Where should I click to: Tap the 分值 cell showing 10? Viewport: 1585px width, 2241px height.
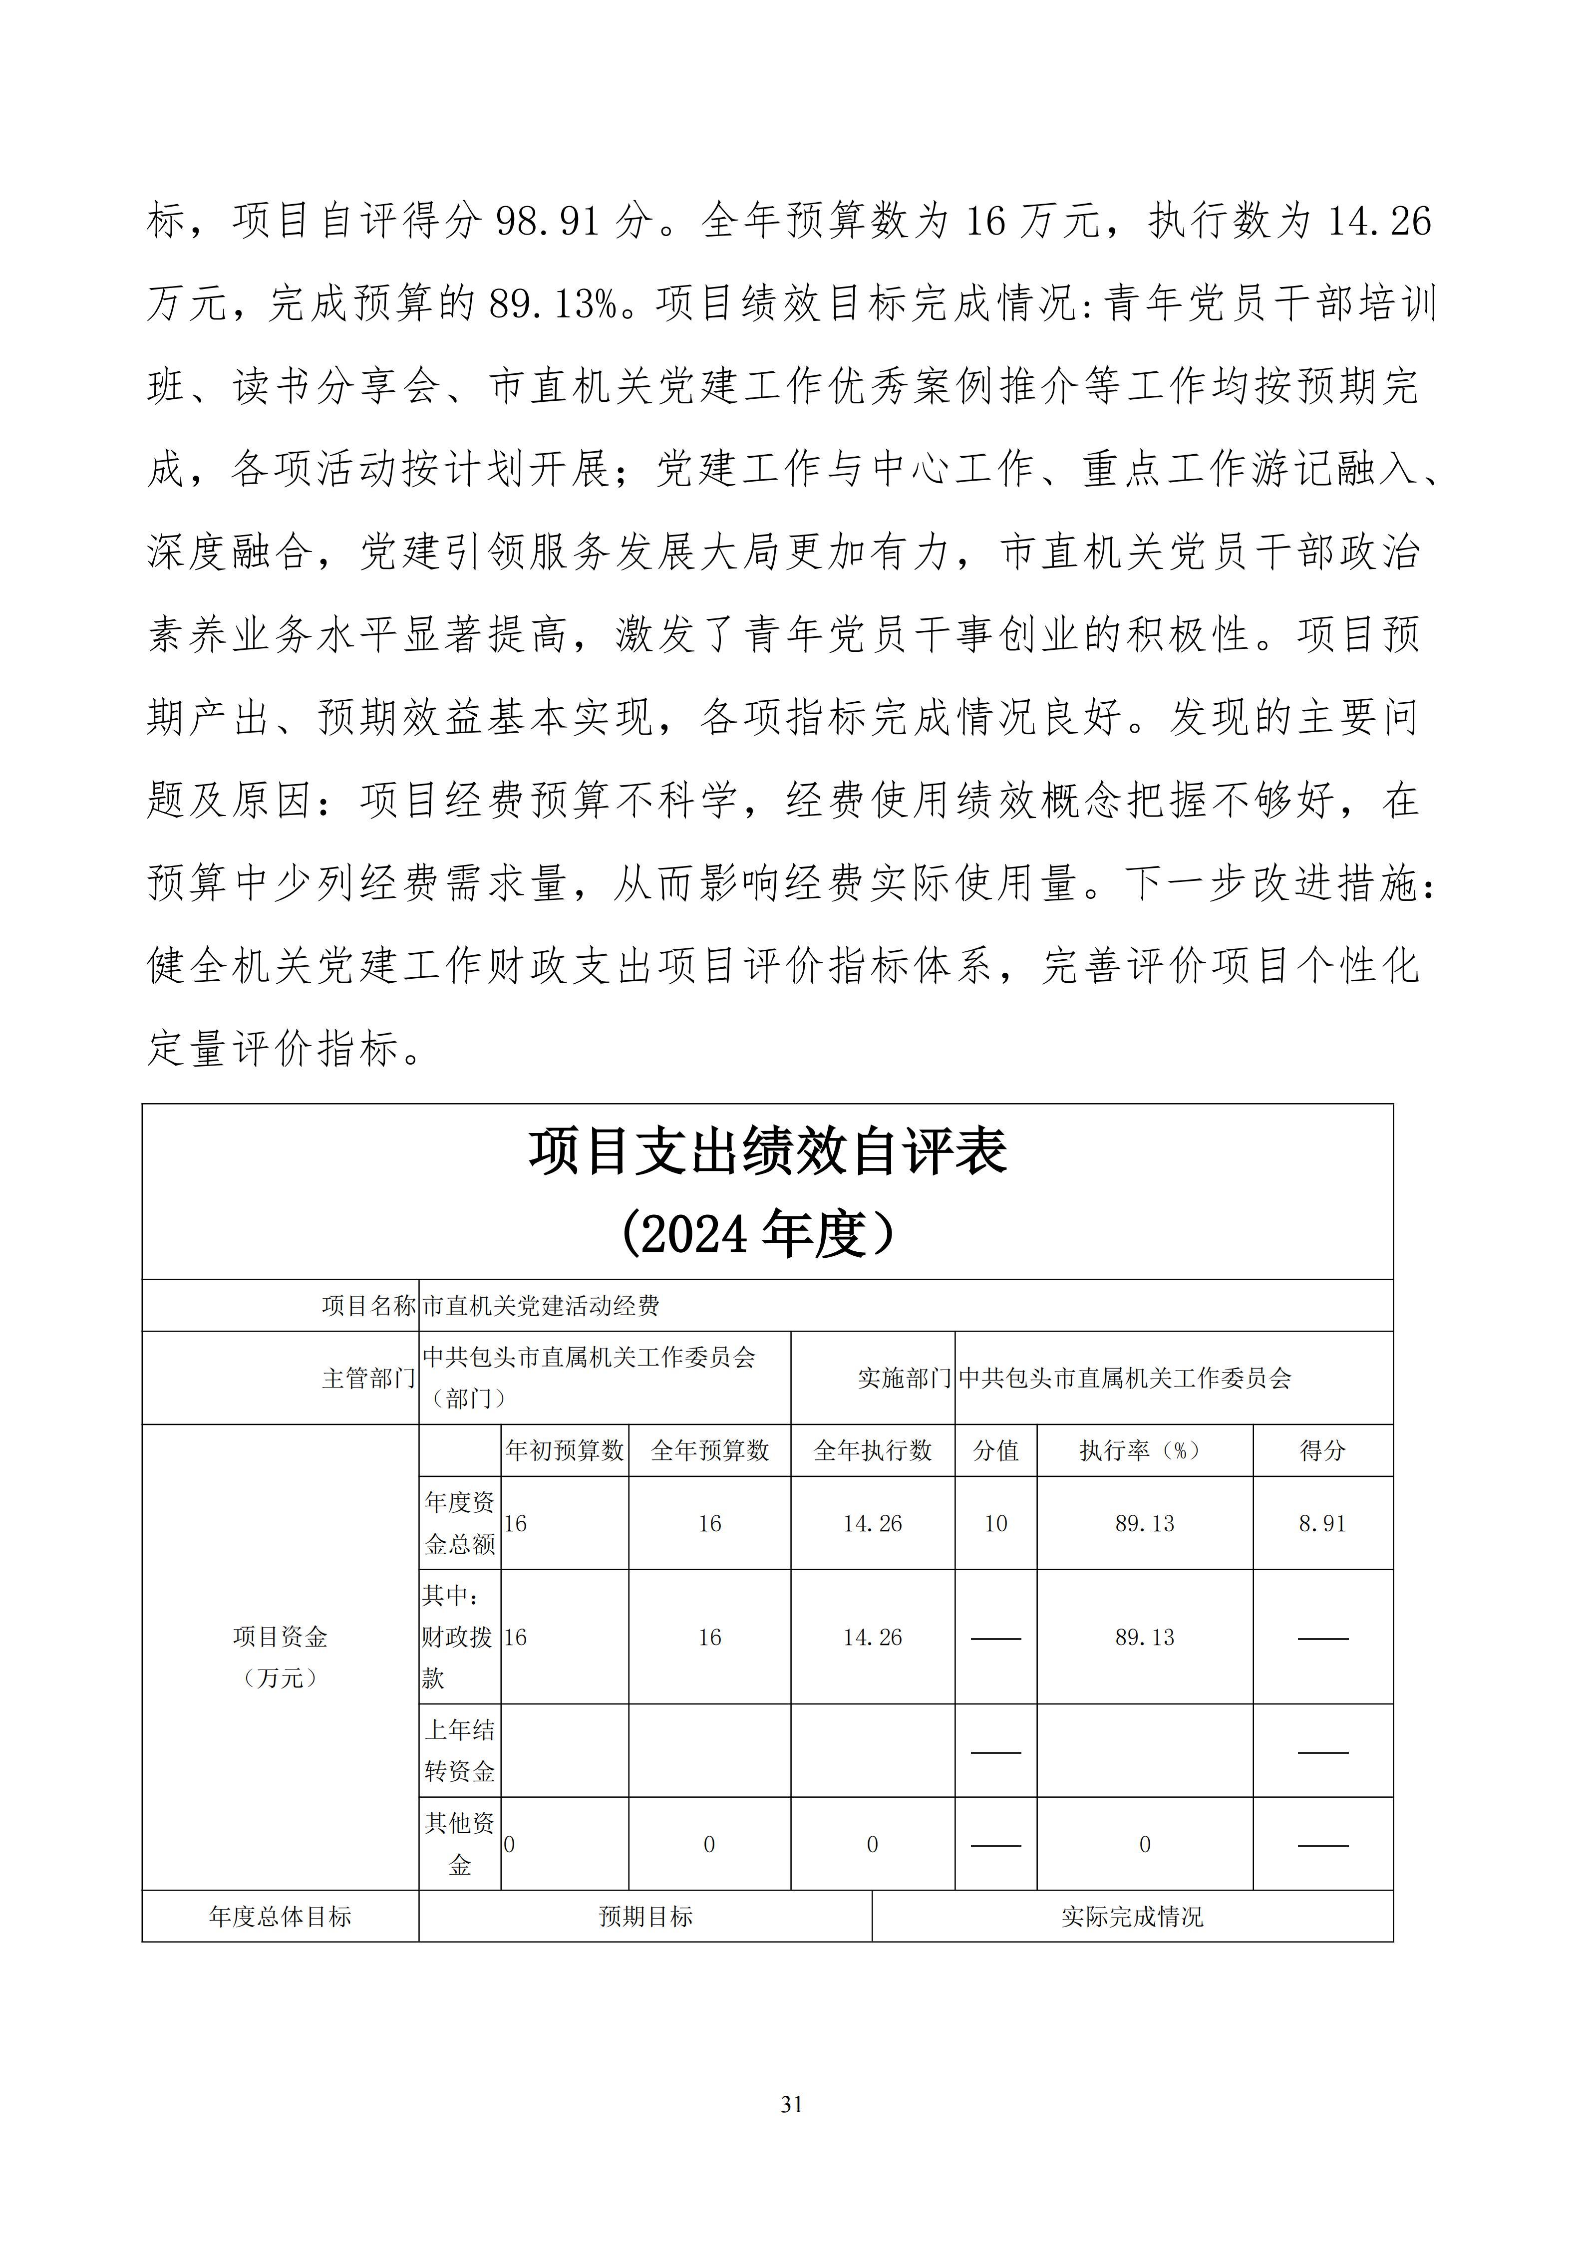click(995, 1524)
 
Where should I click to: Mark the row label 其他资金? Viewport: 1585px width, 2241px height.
click(460, 1845)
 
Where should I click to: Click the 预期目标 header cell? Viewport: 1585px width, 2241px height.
click(645, 1917)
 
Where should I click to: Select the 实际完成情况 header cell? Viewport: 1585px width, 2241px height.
click(1132, 1917)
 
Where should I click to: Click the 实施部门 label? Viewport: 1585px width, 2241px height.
click(904, 1378)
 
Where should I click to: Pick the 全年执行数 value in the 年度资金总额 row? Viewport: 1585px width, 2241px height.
click(873, 1524)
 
